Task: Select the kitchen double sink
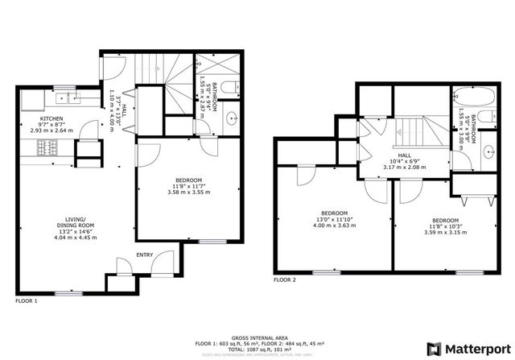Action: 70,98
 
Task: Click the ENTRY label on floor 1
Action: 145,254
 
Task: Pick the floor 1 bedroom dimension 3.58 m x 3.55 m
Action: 188,192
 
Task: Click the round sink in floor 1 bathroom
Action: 234,118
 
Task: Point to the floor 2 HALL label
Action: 405,156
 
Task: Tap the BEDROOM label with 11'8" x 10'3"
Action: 444,220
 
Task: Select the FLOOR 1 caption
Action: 26,300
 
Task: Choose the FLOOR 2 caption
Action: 284,280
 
